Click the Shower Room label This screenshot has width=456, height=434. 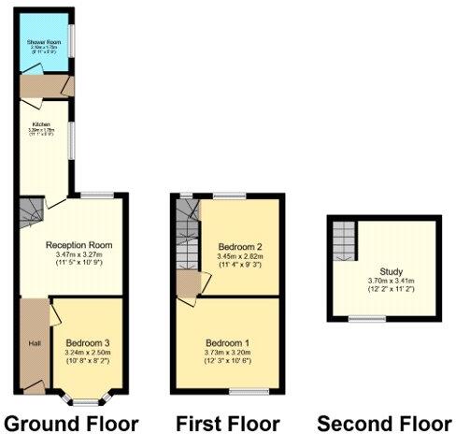pyautogui.click(x=43, y=43)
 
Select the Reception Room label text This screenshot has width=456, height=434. pyautogui.click(x=79, y=245)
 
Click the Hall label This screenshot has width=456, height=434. pyautogui.click(x=35, y=344)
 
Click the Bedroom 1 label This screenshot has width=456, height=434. pyautogui.click(x=228, y=341)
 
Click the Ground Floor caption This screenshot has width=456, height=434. pyautogui.click(x=71, y=423)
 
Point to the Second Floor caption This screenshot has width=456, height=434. pyautogui.click(x=383, y=423)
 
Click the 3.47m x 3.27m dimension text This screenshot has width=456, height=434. pyautogui.click(x=79, y=255)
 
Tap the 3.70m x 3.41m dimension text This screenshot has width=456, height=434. pyautogui.click(x=390, y=282)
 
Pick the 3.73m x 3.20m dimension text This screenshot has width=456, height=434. pyautogui.click(x=228, y=352)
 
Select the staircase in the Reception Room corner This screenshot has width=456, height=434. pyautogui.click(x=31, y=210)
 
